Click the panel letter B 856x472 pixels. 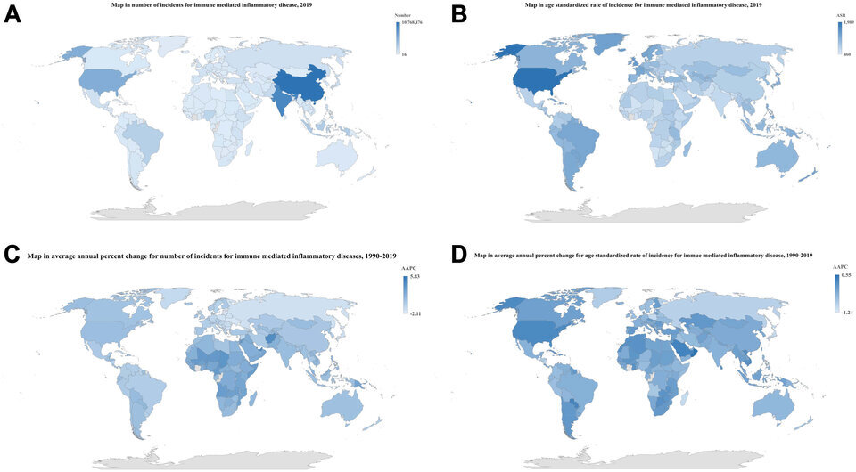pyautogui.click(x=458, y=15)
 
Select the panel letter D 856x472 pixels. pyautogui.click(x=459, y=255)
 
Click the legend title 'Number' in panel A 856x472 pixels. pyautogui.click(x=402, y=16)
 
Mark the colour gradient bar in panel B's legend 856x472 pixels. pyautogui.click(x=840, y=38)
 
